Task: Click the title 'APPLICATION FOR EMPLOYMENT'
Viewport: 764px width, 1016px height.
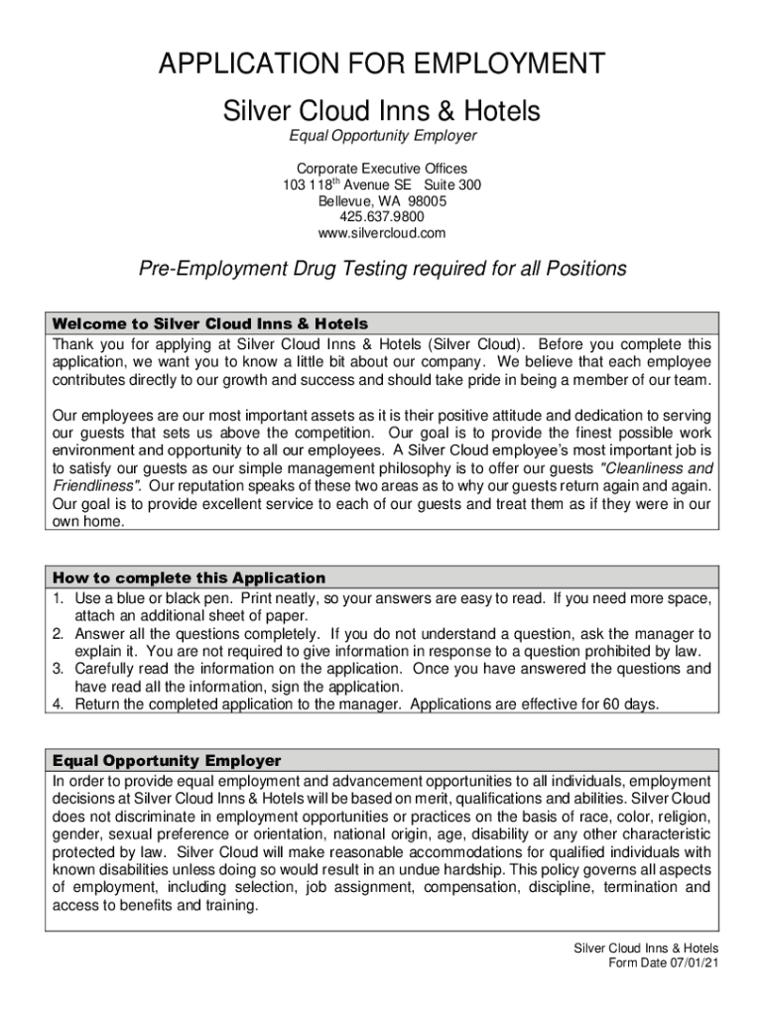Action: pyautogui.click(x=382, y=64)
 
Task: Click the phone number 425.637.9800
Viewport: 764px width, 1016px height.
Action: pyautogui.click(x=382, y=217)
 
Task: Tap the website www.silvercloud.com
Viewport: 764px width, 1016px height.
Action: pyautogui.click(x=382, y=233)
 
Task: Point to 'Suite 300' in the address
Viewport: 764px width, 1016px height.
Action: pyautogui.click(x=453, y=186)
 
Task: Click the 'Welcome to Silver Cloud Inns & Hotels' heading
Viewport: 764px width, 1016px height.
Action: pyautogui.click(x=210, y=324)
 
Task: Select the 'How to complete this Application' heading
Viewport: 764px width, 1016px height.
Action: pyautogui.click(x=189, y=577)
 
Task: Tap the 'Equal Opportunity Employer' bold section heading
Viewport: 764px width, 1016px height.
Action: pyautogui.click(x=167, y=761)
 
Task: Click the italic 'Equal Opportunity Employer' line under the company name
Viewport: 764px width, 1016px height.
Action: pyautogui.click(x=382, y=135)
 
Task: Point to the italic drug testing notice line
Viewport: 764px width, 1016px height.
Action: pyautogui.click(x=382, y=269)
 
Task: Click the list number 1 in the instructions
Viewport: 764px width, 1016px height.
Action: pyautogui.click(x=58, y=599)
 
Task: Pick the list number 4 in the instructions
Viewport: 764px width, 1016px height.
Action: pyautogui.click(x=58, y=704)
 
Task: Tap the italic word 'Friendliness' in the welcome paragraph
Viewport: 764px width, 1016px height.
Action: pyautogui.click(x=95, y=485)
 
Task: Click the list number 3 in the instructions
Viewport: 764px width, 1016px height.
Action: pyautogui.click(x=58, y=669)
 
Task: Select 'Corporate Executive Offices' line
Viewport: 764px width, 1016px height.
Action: pyautogui.click(x=382, y=169)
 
